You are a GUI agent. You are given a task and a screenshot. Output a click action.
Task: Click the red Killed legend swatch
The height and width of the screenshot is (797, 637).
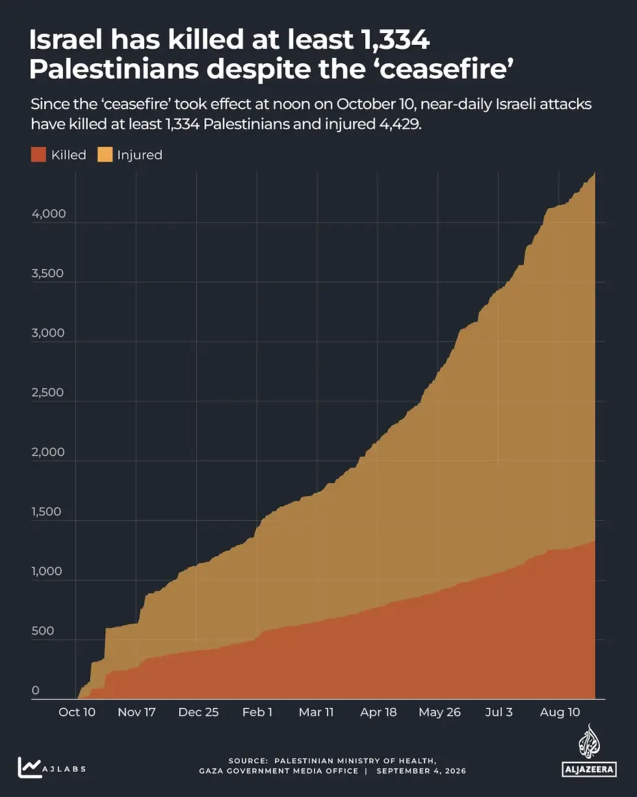38,154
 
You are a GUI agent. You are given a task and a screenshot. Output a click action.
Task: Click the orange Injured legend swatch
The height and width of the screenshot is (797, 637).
105,154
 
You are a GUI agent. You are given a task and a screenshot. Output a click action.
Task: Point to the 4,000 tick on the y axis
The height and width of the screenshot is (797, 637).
49,213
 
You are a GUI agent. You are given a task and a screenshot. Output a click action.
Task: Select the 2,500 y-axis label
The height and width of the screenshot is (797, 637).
47,392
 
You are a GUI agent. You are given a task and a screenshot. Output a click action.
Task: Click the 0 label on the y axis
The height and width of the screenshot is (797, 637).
36,690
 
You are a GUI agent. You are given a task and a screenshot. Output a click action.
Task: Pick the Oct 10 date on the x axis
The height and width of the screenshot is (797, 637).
77,712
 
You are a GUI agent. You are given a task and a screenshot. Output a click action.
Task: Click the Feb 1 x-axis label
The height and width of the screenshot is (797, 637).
257,712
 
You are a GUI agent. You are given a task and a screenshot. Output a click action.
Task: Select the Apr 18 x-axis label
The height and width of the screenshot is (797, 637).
378,712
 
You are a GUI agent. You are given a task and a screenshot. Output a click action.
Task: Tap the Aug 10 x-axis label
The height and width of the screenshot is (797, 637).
560,712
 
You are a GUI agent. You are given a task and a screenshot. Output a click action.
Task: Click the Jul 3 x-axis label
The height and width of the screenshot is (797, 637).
499,712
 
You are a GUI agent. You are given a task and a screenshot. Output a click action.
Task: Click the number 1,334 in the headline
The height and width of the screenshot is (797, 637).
395,40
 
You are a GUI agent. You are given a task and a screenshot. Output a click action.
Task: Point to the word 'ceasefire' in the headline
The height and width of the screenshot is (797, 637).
447,69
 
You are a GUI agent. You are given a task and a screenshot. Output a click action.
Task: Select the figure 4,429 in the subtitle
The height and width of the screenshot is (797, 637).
400,124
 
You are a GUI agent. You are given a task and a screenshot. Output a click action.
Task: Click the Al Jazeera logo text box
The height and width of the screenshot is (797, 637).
589,769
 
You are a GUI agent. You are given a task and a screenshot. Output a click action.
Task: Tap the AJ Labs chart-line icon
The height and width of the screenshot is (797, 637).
29,767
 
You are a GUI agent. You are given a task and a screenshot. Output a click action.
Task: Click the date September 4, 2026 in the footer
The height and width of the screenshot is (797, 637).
421,771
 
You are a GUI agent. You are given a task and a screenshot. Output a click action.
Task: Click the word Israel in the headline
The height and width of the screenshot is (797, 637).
66,40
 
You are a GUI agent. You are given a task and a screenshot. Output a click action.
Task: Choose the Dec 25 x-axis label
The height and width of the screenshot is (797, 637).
198,712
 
